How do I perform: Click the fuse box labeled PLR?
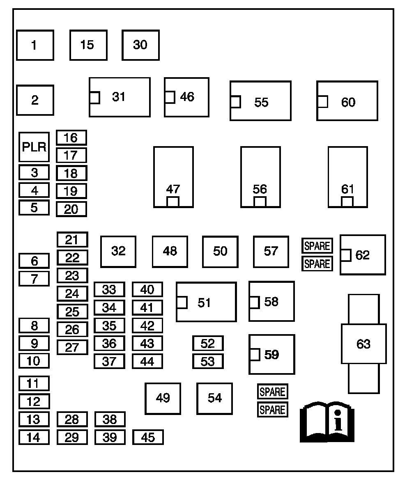(x=34, y=147)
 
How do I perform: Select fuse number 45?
(x=148, y=438)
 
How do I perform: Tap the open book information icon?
(x=327, y=422)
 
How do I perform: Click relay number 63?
(x=363, y=344)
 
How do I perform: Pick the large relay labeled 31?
(x=120, y=97)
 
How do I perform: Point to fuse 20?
(x=71, y=209)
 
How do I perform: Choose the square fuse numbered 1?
(x=35, y=45)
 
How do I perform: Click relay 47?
(x=173, y=177)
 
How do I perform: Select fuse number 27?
(x=72, y=347)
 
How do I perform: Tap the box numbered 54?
(x=214, y=398)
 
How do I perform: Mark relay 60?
(x=347, y=101)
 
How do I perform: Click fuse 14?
(x=34, y=438)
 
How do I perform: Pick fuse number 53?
(x=208, y=361)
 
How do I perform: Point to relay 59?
(x=271, y=354)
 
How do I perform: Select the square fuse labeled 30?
(x=140, y=45)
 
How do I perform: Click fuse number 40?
(x=147, y=289)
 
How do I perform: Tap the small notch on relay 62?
(x=345, y=255)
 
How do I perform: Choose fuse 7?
(x=34, y=279)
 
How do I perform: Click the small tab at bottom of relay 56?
(x=260, y=202)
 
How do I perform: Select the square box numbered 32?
(x=118, y=252)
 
